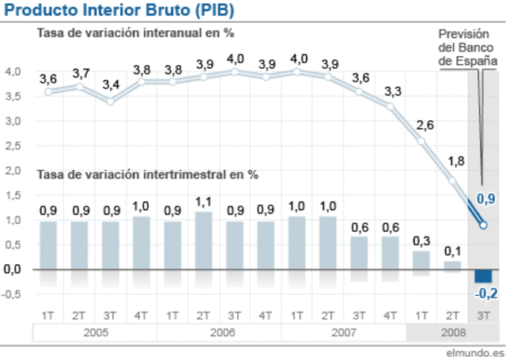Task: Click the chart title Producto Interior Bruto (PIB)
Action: pos(119,10)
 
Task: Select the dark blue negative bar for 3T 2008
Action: pos(483,275)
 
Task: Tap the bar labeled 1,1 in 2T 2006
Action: pos(203,240)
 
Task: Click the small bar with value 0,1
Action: pos(452,264)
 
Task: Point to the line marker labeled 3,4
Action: pos(110,101)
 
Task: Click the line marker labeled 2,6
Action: pos(421,141)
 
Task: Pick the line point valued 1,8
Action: pos(452,180)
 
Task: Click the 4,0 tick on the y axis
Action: pos(13,72)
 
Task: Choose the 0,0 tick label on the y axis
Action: pos(13,270)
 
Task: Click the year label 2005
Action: pos(94,331)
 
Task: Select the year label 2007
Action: pos(343,331)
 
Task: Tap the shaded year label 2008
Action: pos(451,331)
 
